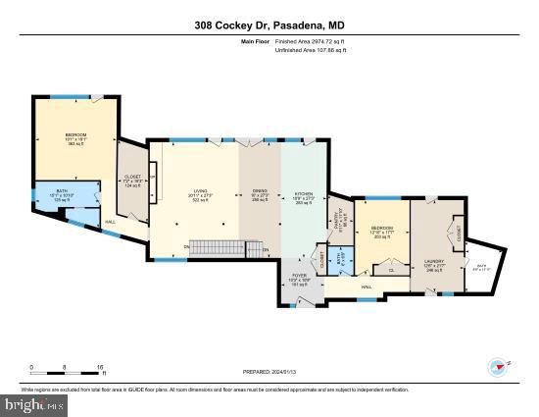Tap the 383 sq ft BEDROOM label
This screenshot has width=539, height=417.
[x=75, y=138]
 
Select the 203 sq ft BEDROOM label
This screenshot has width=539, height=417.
[x=382, y=233]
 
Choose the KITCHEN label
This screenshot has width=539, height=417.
[x=304, y=198]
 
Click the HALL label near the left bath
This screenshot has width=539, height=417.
[x=111, y=221]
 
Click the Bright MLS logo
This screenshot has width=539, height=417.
[x=30, y=403]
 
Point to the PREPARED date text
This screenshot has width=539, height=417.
[x=269, y=372]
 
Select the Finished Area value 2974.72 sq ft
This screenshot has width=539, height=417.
[x=309, y=42]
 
